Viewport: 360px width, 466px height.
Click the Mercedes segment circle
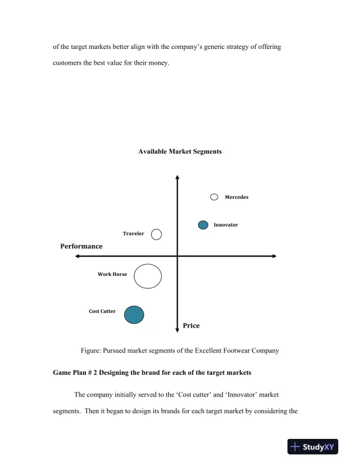(214, 197)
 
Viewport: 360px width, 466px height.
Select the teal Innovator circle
(203, 225)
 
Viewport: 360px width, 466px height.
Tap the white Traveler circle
(156, 234)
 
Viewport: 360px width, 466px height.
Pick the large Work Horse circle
(148, 276)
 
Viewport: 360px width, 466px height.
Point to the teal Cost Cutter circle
(134, 314)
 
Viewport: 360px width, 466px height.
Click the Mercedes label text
(236, 197)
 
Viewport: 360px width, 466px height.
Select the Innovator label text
(226, 225)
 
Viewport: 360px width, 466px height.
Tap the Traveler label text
(134, 234)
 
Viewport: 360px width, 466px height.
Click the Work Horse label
(112, 274)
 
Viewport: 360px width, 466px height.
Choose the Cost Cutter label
(102, 311)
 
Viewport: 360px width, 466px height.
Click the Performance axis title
(81, 247)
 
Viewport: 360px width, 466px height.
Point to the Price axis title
(191, 325)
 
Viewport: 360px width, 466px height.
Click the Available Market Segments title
(180, 151)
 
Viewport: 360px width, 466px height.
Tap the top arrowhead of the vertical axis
(177, 177)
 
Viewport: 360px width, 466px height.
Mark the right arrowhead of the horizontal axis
(274, 256)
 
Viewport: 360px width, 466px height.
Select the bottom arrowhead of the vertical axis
(177, 330)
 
